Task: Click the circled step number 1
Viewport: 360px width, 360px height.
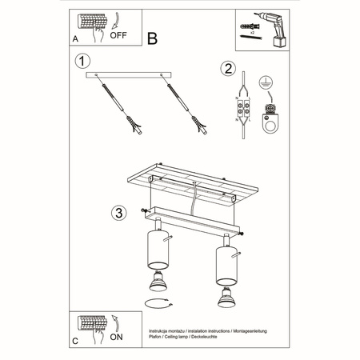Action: click(80, 61)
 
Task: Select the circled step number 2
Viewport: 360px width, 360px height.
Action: click(229, 70)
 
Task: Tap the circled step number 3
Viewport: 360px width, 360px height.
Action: click(118, 212)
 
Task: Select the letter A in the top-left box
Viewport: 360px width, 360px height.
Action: click(75, 38)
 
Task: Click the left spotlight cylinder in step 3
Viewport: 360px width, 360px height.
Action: click(156, 251)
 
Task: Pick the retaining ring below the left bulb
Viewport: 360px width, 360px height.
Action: click(157, 302)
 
